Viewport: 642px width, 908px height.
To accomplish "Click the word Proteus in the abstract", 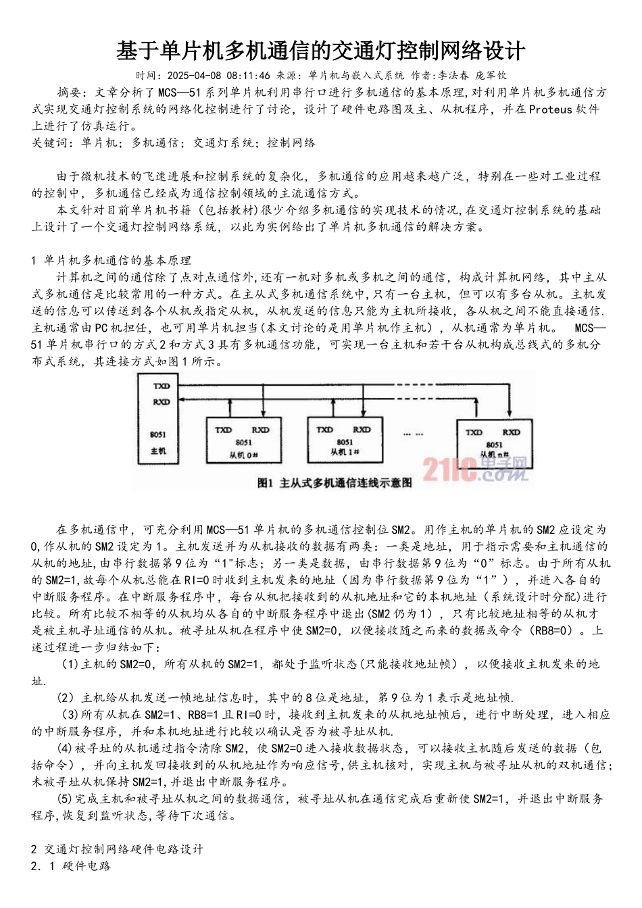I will (550, 109).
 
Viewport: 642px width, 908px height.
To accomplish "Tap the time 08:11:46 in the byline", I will (249, 76).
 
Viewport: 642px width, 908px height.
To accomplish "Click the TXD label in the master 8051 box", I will (161, 386).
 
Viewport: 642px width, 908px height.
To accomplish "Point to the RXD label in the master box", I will (161, 402).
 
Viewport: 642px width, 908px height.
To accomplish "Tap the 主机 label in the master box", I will (159, 451).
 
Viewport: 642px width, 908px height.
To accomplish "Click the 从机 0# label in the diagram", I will (243, 455).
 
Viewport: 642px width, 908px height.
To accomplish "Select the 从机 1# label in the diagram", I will (345, 451).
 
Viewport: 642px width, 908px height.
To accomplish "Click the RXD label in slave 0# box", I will (260, 430).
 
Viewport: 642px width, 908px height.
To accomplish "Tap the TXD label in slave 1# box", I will (325, 430).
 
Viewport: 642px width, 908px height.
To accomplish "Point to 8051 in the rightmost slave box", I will (494, 445).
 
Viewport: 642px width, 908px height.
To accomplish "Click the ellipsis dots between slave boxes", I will (413, 434).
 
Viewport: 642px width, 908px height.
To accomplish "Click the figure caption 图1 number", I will (265, 483).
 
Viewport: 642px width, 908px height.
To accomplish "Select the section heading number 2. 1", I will (43, 865).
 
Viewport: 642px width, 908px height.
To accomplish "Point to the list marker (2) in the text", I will (65, 697).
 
